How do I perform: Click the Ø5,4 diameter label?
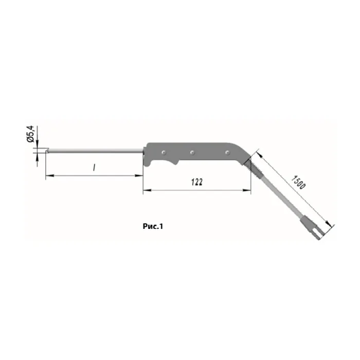[x=31, y=134]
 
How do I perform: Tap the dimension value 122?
[x=197, y=182]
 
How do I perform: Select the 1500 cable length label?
[x=298, y=182]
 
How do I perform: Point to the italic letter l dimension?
[x=94, y=167]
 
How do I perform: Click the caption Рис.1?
[x=153, y=226]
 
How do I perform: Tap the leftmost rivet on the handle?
[x=164, y=152]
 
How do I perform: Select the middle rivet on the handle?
[x=192, y=152]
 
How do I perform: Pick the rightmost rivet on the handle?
[x=227, y=152]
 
